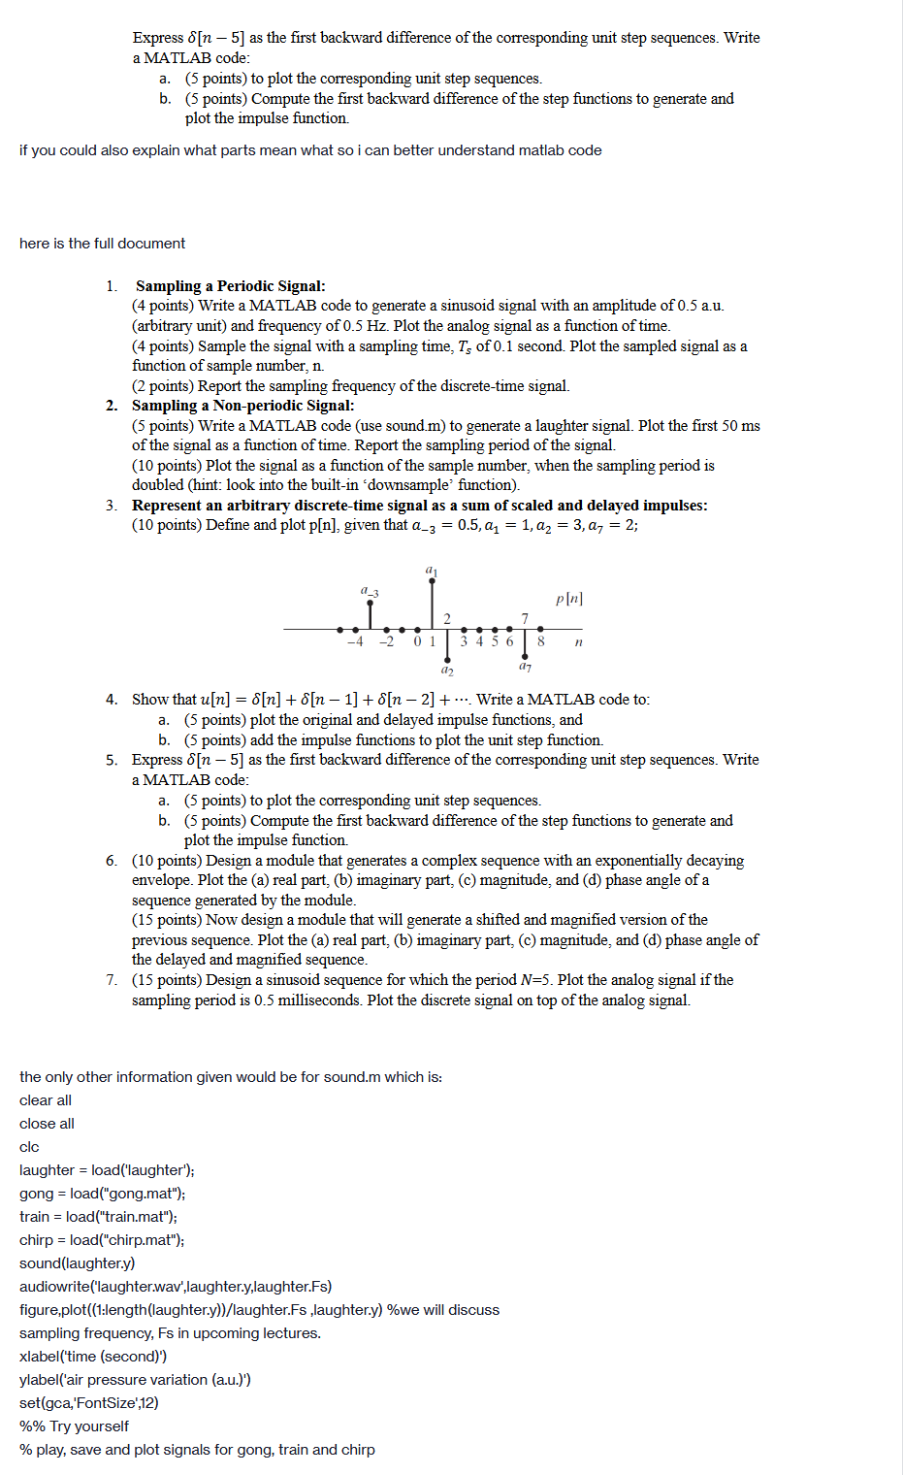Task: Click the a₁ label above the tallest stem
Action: [x=432, y=571]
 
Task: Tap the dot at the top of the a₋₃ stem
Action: [x=370, y=603]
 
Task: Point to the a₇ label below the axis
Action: [x=525, y=667]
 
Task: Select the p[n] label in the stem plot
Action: [x=569, y=599]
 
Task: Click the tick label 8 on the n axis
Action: [x=540, y=641]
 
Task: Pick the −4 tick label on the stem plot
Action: [x=355, y=641]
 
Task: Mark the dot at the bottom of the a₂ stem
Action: [x=447, y=659]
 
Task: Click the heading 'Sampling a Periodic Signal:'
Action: [x=230, y=286]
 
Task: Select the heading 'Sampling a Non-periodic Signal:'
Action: [x=242, y=406]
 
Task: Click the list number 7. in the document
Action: [x=112, y=980]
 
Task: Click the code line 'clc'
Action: [x=29, y=1147]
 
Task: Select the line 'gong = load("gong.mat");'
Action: [x=102, y=1194]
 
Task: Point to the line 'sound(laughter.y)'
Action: [x=77, y=1263]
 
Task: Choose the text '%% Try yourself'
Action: [x=74, y=1426]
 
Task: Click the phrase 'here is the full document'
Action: [x=102, y=244]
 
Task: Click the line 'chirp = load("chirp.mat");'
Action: [x=101, y=1240]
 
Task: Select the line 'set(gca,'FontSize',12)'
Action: [x=88, y=1403]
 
